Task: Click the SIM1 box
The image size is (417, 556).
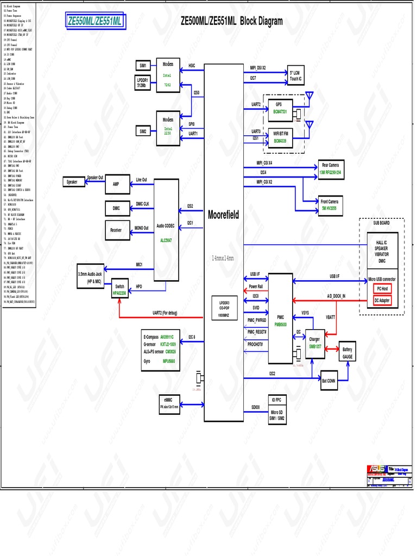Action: tap(143, 66)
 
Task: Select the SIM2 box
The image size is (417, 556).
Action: tap(143, 131)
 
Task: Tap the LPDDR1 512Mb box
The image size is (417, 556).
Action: tap(143, 82)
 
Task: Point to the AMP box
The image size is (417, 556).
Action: tap(116, 184)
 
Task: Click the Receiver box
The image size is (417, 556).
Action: tap(116, 230)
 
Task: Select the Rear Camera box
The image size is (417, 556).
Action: tap(331, 168)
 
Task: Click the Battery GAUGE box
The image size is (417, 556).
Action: tap(347, 353)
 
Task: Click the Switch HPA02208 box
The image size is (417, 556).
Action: tap(119, 289)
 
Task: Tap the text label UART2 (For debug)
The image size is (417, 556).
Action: tap(172, 313)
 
